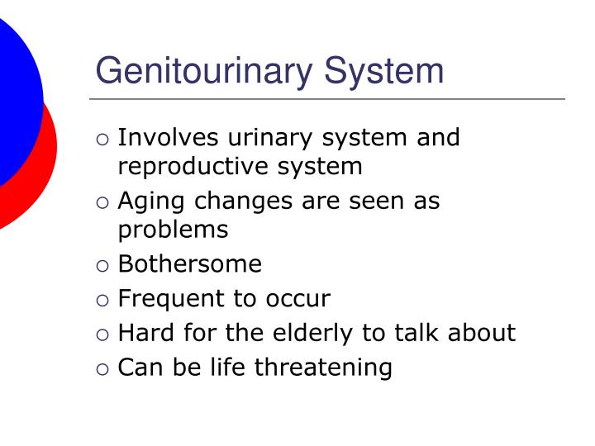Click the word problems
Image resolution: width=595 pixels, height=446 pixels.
pos(173,230)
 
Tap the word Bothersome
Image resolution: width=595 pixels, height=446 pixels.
pos(190,264)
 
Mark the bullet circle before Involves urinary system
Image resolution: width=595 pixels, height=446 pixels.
pos(102,139)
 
